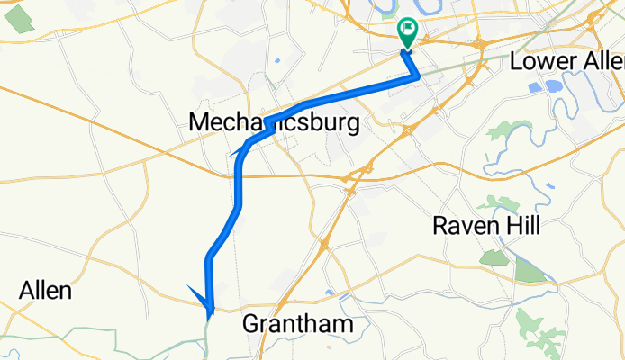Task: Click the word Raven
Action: click(461, 225)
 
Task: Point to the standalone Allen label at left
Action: click(45, 292)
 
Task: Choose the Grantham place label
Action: click(296, 324)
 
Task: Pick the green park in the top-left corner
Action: click(20, 22)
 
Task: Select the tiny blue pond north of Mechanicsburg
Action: click(276, 61)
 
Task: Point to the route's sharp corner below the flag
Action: click(417, 77)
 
